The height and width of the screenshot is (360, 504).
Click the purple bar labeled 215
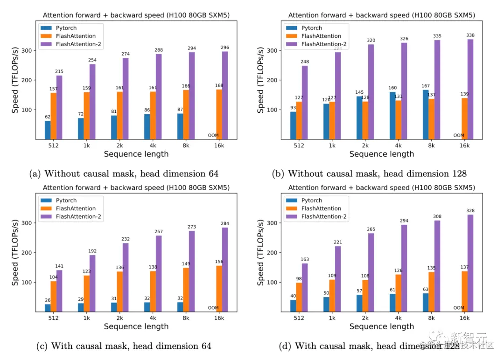click(x=59, y=107)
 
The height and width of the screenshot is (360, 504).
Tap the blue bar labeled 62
click(x=48, y=130)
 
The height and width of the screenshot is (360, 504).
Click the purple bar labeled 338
click(x=470, y=89)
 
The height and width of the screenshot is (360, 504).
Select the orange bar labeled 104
click(x=53, y=296)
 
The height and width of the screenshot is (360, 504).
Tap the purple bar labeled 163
click(x=305, y=288)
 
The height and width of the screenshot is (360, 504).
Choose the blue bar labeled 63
click(x=426, y=302)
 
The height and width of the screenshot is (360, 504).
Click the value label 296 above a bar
click(x=225, y=47)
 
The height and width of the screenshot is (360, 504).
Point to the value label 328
click(x=470, y=211)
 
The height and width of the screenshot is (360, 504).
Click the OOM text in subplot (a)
click(x=213, y=136)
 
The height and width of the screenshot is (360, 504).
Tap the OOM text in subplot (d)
click(x=459, y=308)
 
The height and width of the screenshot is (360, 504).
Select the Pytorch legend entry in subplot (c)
click(x=66, y=201)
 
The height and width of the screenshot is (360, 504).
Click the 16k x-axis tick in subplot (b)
click(x=465, y=145)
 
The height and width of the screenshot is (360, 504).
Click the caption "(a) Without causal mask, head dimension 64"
click(x=124, y=174)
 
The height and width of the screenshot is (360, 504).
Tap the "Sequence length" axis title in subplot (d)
click(x=381, y=326)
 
